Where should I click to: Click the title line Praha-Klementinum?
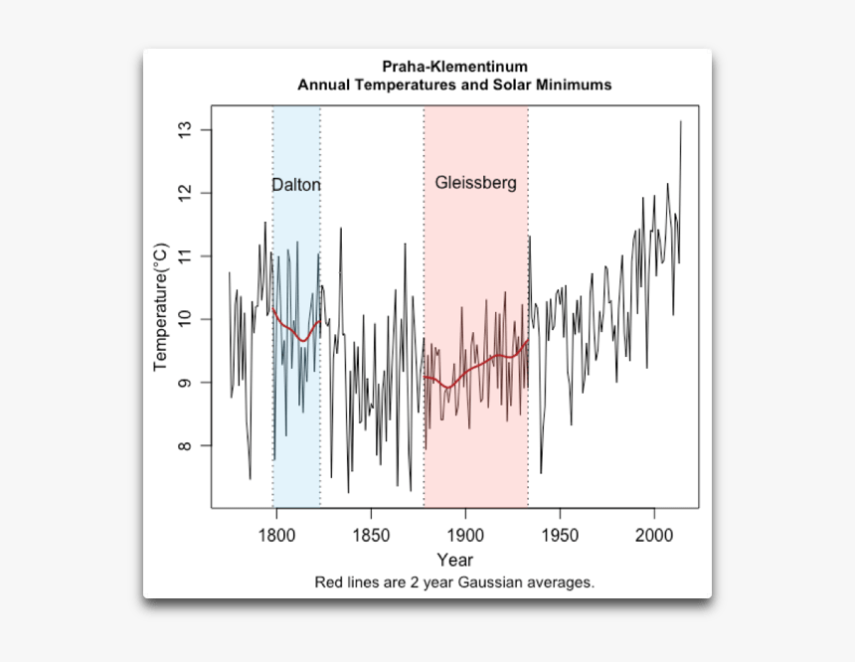tap(454, 67)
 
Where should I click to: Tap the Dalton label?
tap(296, 185)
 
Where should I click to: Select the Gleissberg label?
tap(475, 183)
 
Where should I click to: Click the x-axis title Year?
tap(454, 560)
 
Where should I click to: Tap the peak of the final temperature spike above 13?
tap(681, 122)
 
